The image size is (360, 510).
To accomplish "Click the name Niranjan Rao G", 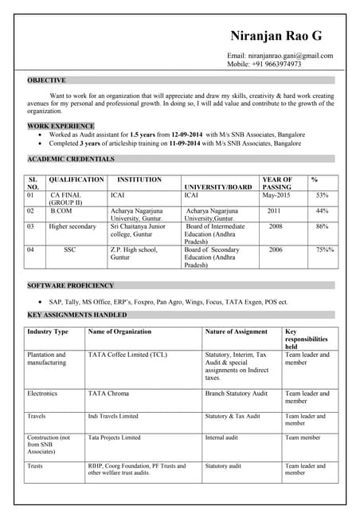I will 276,36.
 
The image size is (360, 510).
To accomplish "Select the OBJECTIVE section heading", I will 46,80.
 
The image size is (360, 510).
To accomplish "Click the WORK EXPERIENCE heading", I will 61,126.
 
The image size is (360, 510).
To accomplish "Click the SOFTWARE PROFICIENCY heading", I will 70,285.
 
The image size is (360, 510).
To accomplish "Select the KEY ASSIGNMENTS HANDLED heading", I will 76,316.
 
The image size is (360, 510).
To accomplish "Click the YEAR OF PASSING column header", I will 277,183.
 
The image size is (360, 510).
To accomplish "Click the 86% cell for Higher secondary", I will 322,226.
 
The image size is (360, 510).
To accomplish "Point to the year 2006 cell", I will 275,249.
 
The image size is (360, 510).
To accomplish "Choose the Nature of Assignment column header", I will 236,331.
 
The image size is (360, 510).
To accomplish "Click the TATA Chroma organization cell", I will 108,394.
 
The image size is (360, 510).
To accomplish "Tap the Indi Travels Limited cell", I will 113,416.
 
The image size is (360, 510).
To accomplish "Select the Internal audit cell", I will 222,437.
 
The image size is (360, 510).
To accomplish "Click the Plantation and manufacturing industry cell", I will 47,359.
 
